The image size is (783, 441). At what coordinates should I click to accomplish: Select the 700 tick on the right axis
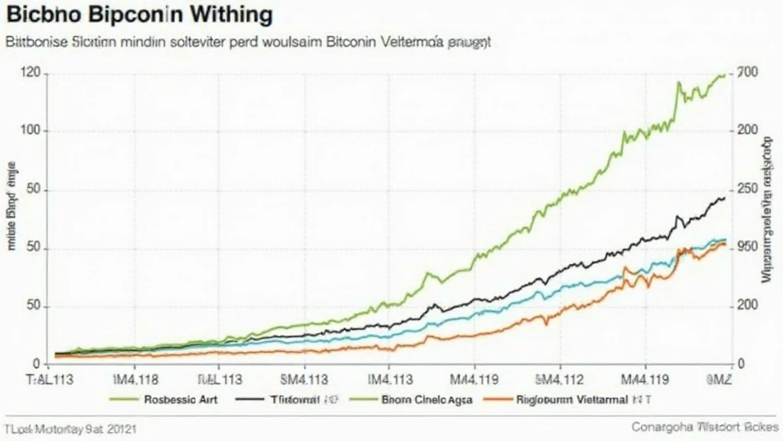pyautogui.click(x=746, y=73)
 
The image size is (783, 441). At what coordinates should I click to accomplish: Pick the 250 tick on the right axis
pyautogui.click(x=747, y=189)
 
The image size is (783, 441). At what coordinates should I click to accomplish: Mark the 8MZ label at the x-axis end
pyautogui.click(x=721, y=378)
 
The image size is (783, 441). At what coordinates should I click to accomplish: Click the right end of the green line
pyautogui.click(x=724, y=75)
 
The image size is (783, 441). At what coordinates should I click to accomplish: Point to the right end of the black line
pyautogui.click(x=724, y=198)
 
